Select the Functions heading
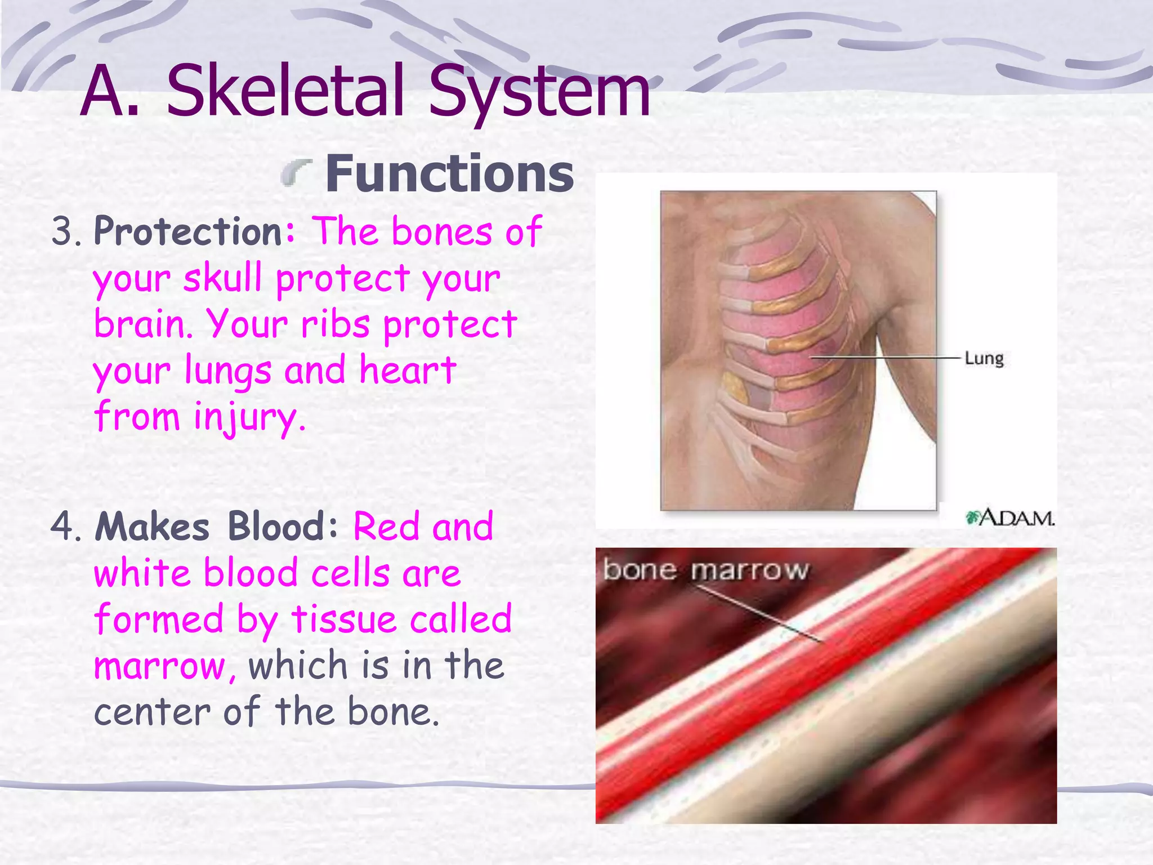(x=449, y=174)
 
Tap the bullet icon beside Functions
(x=297, y=172)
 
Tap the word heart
(x=408, y=371)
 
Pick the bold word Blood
(x=276, y=527)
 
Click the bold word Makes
(x=152, y=527)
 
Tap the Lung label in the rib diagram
(x=984, y=358)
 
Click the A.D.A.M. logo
(x=1010, y=518)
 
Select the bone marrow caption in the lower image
(x=705, y=570)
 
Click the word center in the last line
(x=151, y=712)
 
